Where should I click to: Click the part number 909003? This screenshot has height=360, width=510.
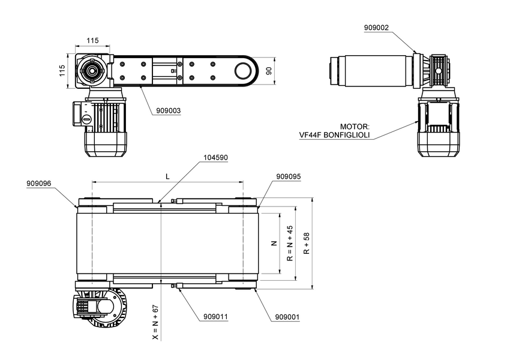[168, 110]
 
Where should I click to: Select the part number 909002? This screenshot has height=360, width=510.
[376, 28]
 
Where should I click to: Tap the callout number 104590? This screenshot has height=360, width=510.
[215, 157]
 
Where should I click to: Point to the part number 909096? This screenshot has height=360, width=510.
[39, 183]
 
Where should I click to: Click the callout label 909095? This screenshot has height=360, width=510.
[288, 177]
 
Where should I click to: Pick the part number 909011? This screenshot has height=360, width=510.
[215, 316]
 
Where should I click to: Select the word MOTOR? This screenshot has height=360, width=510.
[355, 127]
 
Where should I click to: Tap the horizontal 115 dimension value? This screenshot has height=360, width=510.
[92, 40]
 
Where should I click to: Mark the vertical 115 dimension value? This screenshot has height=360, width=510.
[62, 71]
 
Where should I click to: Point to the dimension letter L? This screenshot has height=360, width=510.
[167, 176]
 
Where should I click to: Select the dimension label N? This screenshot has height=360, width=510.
[274, 244]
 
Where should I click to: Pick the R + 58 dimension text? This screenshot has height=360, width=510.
[307, 244]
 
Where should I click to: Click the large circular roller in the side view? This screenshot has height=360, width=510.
[242, 71]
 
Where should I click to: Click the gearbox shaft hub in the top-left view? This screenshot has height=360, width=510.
[92, 71]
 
